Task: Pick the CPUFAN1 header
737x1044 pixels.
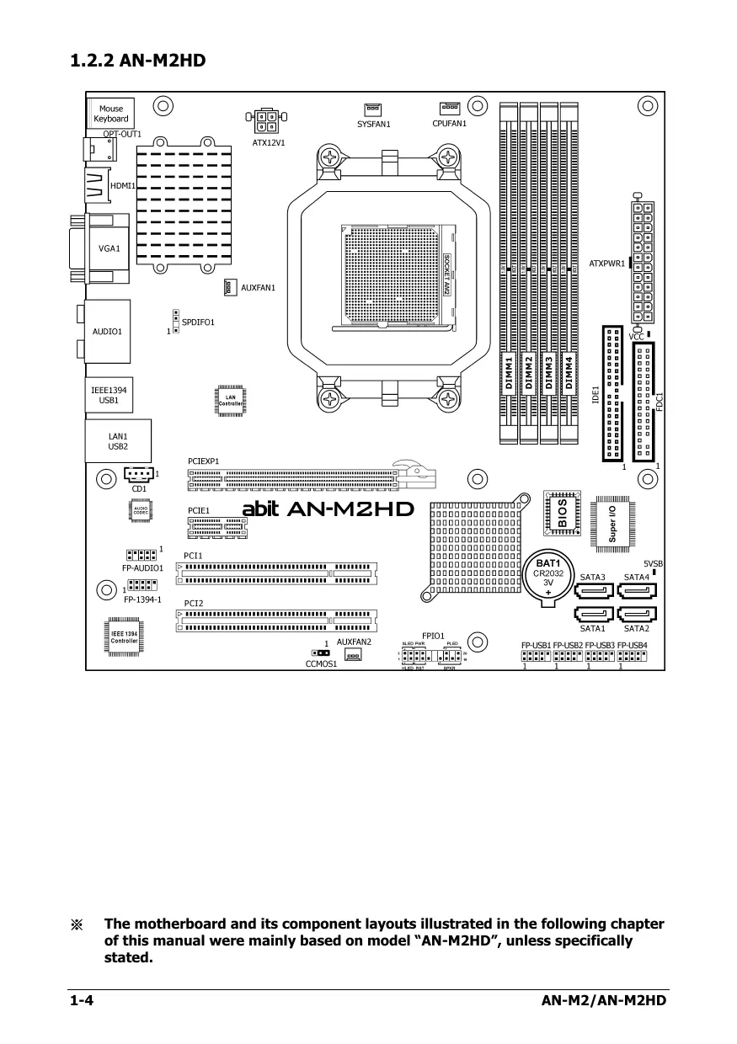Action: tap(449, 108)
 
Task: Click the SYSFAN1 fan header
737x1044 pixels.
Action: tap(372, 109)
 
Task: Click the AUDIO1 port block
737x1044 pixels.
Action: tap(107, 331)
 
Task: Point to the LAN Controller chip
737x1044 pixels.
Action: tap(230, 401)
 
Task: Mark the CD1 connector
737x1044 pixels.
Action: tap(139, 476)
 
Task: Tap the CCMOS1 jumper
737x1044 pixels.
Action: tap(320, 652)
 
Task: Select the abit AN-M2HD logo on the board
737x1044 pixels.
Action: tap(328, 509)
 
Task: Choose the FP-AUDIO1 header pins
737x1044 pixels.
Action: tap(141, 555)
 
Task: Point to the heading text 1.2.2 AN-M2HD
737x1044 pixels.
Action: tap(138, 61)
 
